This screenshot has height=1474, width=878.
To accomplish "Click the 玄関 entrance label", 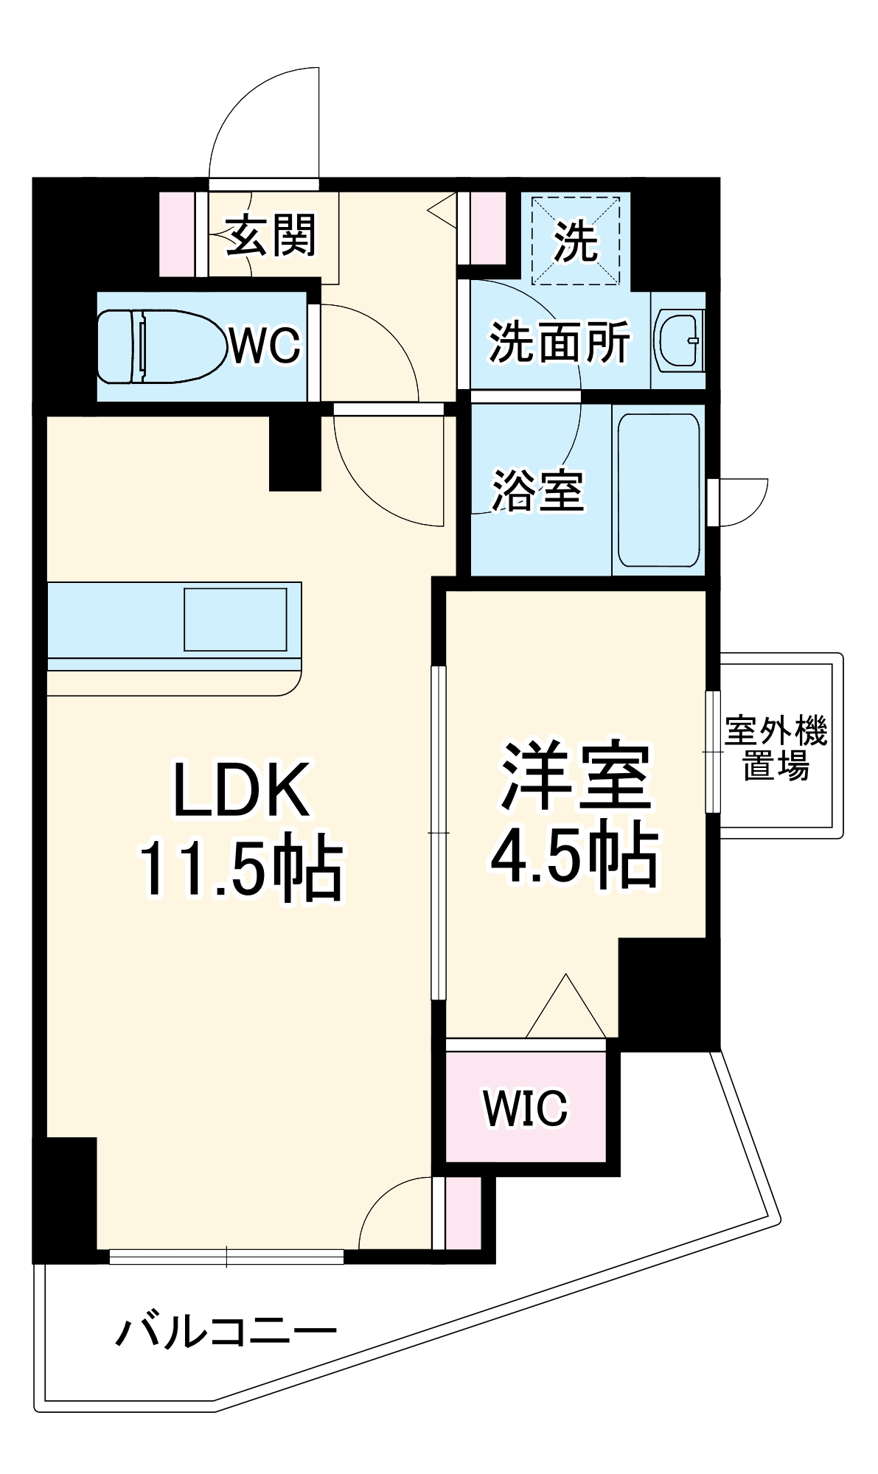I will (271, 236).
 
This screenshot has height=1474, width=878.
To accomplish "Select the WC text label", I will (265, 345).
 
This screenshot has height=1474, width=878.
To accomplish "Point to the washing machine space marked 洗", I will (576, 240).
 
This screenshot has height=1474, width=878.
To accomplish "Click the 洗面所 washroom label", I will (560, 342).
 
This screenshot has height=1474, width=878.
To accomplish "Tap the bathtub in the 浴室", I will (658, 490).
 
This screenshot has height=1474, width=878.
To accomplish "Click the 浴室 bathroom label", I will (538, 490).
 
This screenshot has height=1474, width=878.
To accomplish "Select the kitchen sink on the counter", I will (235, 619).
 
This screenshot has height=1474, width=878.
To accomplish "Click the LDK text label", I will (241, 791).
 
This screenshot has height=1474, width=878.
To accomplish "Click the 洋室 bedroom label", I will (576, 776).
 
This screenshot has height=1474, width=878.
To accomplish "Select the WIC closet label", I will (526, 1107).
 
